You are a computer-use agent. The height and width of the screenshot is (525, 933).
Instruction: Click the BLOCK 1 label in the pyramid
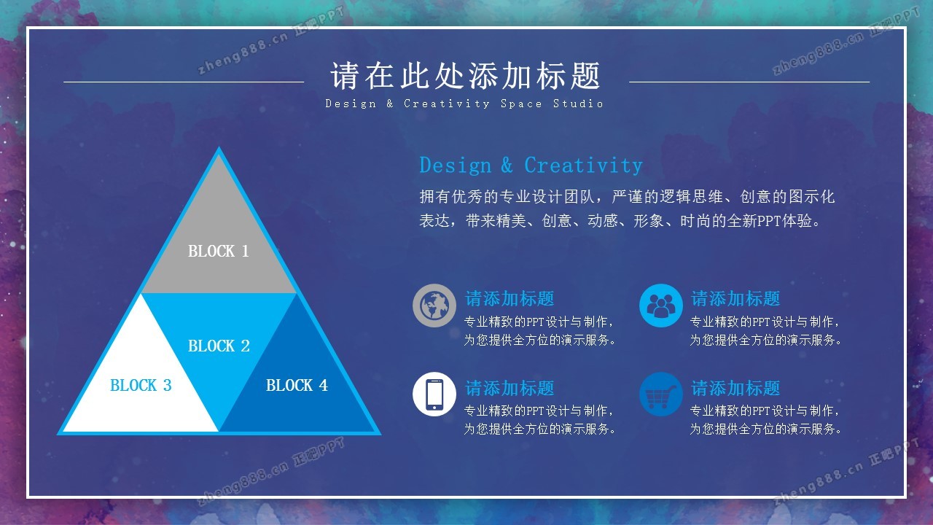tap(218, 251)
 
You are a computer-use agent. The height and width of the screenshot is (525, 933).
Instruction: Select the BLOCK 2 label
tap(219, 346)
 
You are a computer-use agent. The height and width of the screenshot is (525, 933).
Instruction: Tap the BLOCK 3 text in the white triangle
tap(141, 385)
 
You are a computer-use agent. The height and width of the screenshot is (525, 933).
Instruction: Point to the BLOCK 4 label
tap(297, 385)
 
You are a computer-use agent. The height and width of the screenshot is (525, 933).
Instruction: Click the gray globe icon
tap(434, 306)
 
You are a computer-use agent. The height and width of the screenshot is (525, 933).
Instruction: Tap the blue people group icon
tap(660, 306)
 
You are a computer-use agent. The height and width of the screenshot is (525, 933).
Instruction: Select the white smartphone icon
tap(434, 394)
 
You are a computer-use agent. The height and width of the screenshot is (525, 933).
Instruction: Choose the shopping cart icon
tap(660, 394)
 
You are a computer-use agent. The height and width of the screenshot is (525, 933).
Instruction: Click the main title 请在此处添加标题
tap(465, 75)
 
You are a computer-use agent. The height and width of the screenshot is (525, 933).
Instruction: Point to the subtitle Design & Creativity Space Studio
tap(464, 104)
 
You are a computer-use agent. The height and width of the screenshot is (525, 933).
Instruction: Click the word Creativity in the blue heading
tap(583, 165)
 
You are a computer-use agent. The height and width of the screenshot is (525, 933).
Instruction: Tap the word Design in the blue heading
tap(456, 166)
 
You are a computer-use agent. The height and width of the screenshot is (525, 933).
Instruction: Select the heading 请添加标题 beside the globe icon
tap(510, 298)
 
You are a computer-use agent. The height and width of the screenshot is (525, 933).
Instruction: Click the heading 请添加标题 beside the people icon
tap(735, 298)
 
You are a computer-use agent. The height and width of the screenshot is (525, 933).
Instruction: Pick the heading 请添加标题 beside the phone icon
tap(510, 388)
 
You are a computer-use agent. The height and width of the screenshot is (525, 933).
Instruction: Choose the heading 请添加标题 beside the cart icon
tap(735, 388)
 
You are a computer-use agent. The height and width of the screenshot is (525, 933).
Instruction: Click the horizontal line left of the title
tap(184, 82)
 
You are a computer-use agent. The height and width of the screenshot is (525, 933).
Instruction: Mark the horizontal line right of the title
tap(749, 82)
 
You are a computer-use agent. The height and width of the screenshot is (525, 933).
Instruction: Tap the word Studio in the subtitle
tap(578, 104)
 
